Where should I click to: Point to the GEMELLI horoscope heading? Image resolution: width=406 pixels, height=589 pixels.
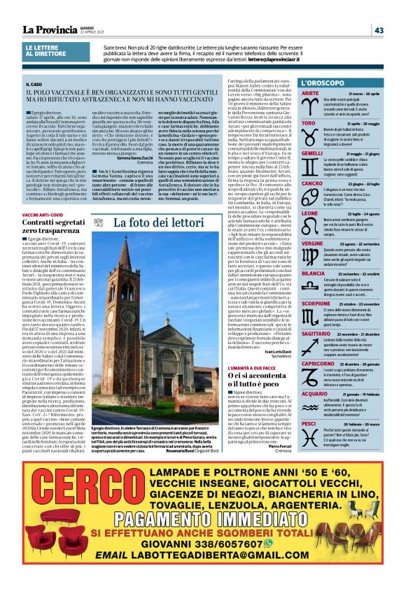point(312,153)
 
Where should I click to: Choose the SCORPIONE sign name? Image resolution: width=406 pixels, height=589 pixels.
point(317,304)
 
